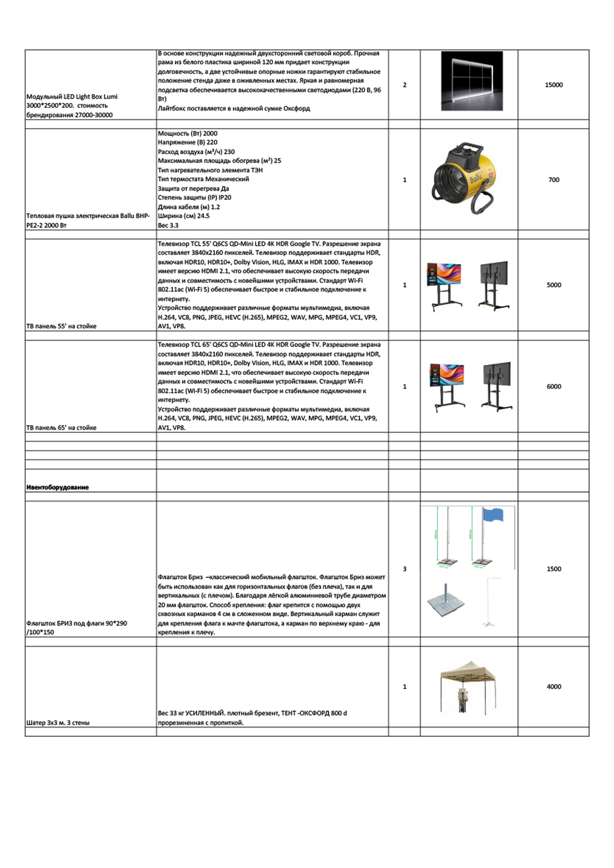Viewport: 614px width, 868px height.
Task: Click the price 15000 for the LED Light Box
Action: click(554, 85)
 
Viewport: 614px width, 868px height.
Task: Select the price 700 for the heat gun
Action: click(554, 180)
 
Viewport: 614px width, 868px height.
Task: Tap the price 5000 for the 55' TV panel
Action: click(554, 285)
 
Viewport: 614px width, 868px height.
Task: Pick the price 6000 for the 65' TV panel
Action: click(554, 387)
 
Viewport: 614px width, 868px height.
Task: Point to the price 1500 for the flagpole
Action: click(554, 569)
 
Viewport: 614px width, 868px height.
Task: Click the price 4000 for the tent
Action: click(554, 687)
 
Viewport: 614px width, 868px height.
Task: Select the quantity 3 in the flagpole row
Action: click(405, 569)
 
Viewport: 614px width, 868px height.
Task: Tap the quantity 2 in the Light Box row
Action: click(405, 85)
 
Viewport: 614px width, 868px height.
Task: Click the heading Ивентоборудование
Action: click(57, 487)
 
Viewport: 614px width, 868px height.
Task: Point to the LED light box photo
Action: click(472, 81)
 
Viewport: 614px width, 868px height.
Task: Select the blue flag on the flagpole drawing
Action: click(492, 515)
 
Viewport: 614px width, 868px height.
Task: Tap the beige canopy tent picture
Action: click(468, 686)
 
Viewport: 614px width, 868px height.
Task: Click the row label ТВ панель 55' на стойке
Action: click(61, 326)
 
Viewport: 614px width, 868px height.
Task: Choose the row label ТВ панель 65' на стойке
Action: click(61, 428)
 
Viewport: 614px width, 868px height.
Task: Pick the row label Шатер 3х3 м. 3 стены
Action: click(58, 723)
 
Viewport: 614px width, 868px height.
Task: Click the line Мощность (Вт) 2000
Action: click(188, 134)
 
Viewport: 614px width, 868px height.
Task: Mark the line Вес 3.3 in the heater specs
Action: click(168, 225)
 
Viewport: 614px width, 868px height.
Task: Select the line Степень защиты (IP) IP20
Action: click(195, 197)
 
